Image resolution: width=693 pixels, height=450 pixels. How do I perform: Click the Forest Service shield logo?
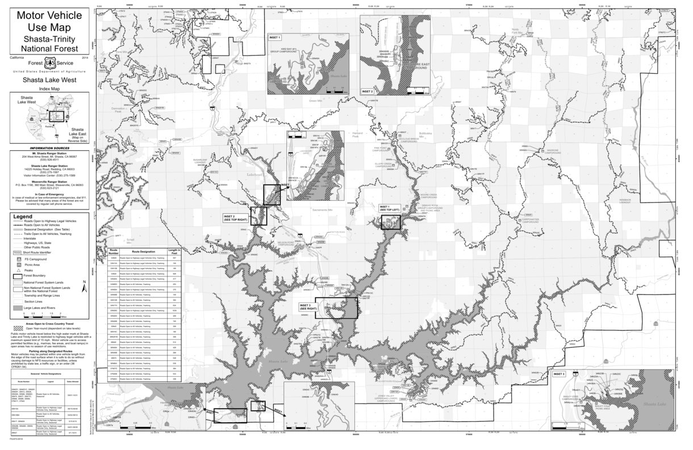[x=48, y=64]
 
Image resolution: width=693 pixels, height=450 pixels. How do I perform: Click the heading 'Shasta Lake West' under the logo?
[x=48, y=81]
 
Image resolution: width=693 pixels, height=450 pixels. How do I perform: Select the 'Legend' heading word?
[x=23, y=217]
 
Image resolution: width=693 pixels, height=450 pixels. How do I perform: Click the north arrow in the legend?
[x=85, y=287]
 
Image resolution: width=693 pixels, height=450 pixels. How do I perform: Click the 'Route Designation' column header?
[x=143, y=251]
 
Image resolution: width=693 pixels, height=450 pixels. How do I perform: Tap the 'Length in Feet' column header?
[x=174, y=251]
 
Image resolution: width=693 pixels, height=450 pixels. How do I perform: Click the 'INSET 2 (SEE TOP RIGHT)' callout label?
[x=236, y=217]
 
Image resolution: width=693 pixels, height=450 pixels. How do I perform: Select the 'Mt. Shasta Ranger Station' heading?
[x=49, y=153]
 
